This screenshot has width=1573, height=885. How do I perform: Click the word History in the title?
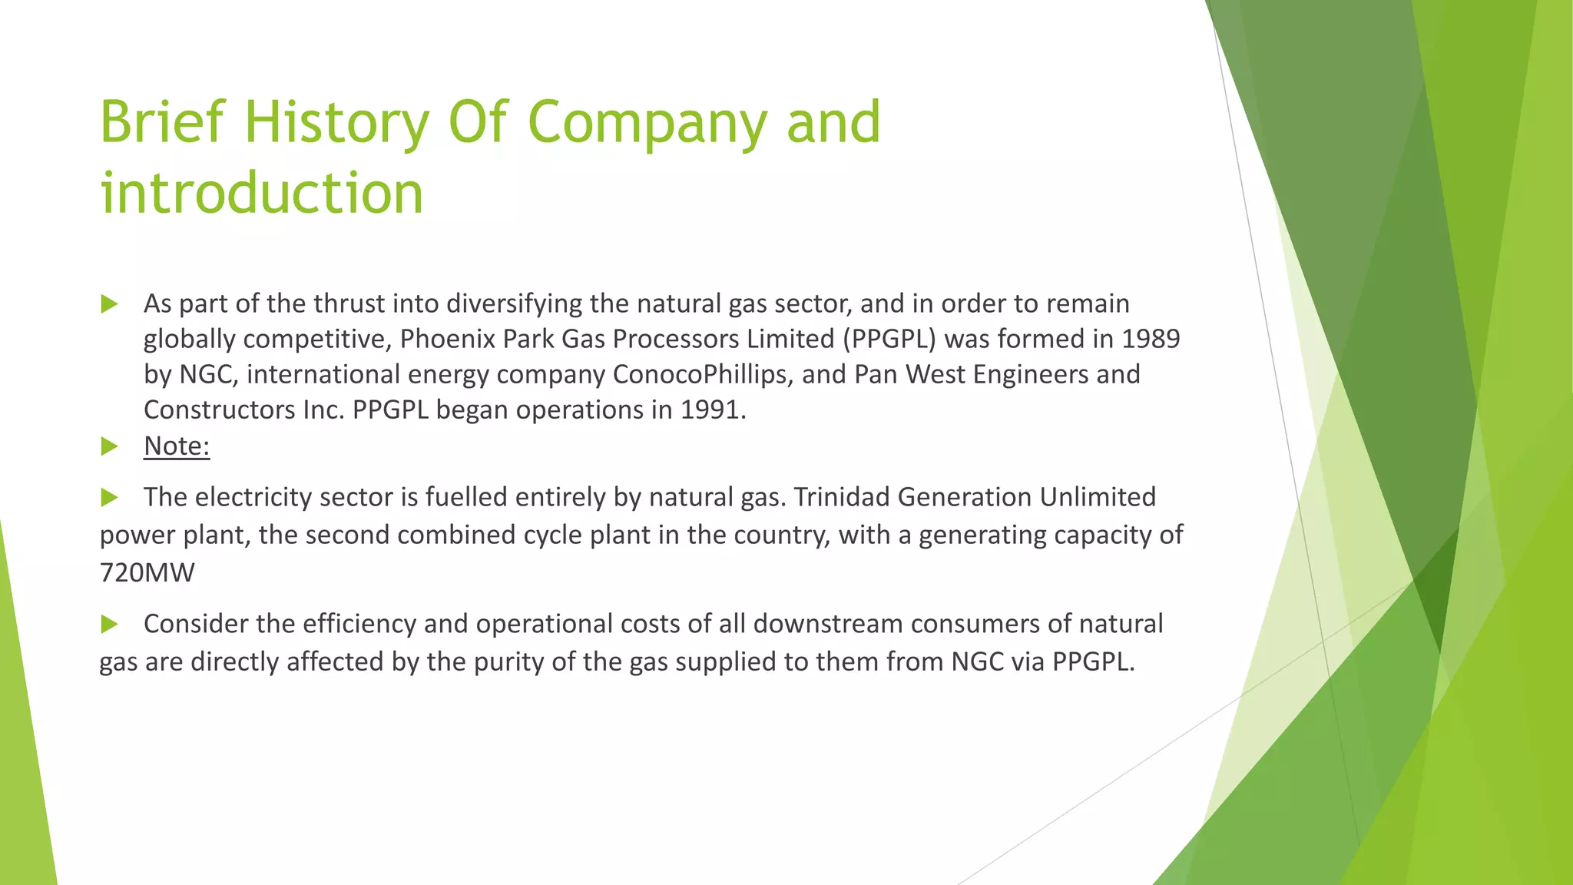[x=336, y=123]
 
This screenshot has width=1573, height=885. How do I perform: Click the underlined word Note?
[x=177, y=446]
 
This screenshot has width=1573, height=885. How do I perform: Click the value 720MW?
[x=147, y=572]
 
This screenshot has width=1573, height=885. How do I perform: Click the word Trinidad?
[x=841, y=497]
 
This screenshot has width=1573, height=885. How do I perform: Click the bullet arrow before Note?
[x=109, y=446]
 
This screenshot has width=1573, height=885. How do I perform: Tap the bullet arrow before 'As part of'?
[x=109, y=304]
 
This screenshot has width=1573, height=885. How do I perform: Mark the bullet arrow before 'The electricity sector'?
[x=109, y=498]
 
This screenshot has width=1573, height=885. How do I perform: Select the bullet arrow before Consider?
[x=109, y=625]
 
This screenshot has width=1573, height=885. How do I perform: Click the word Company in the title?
[x=647, y=123]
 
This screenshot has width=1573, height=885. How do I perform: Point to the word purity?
[x=508, y=661]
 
